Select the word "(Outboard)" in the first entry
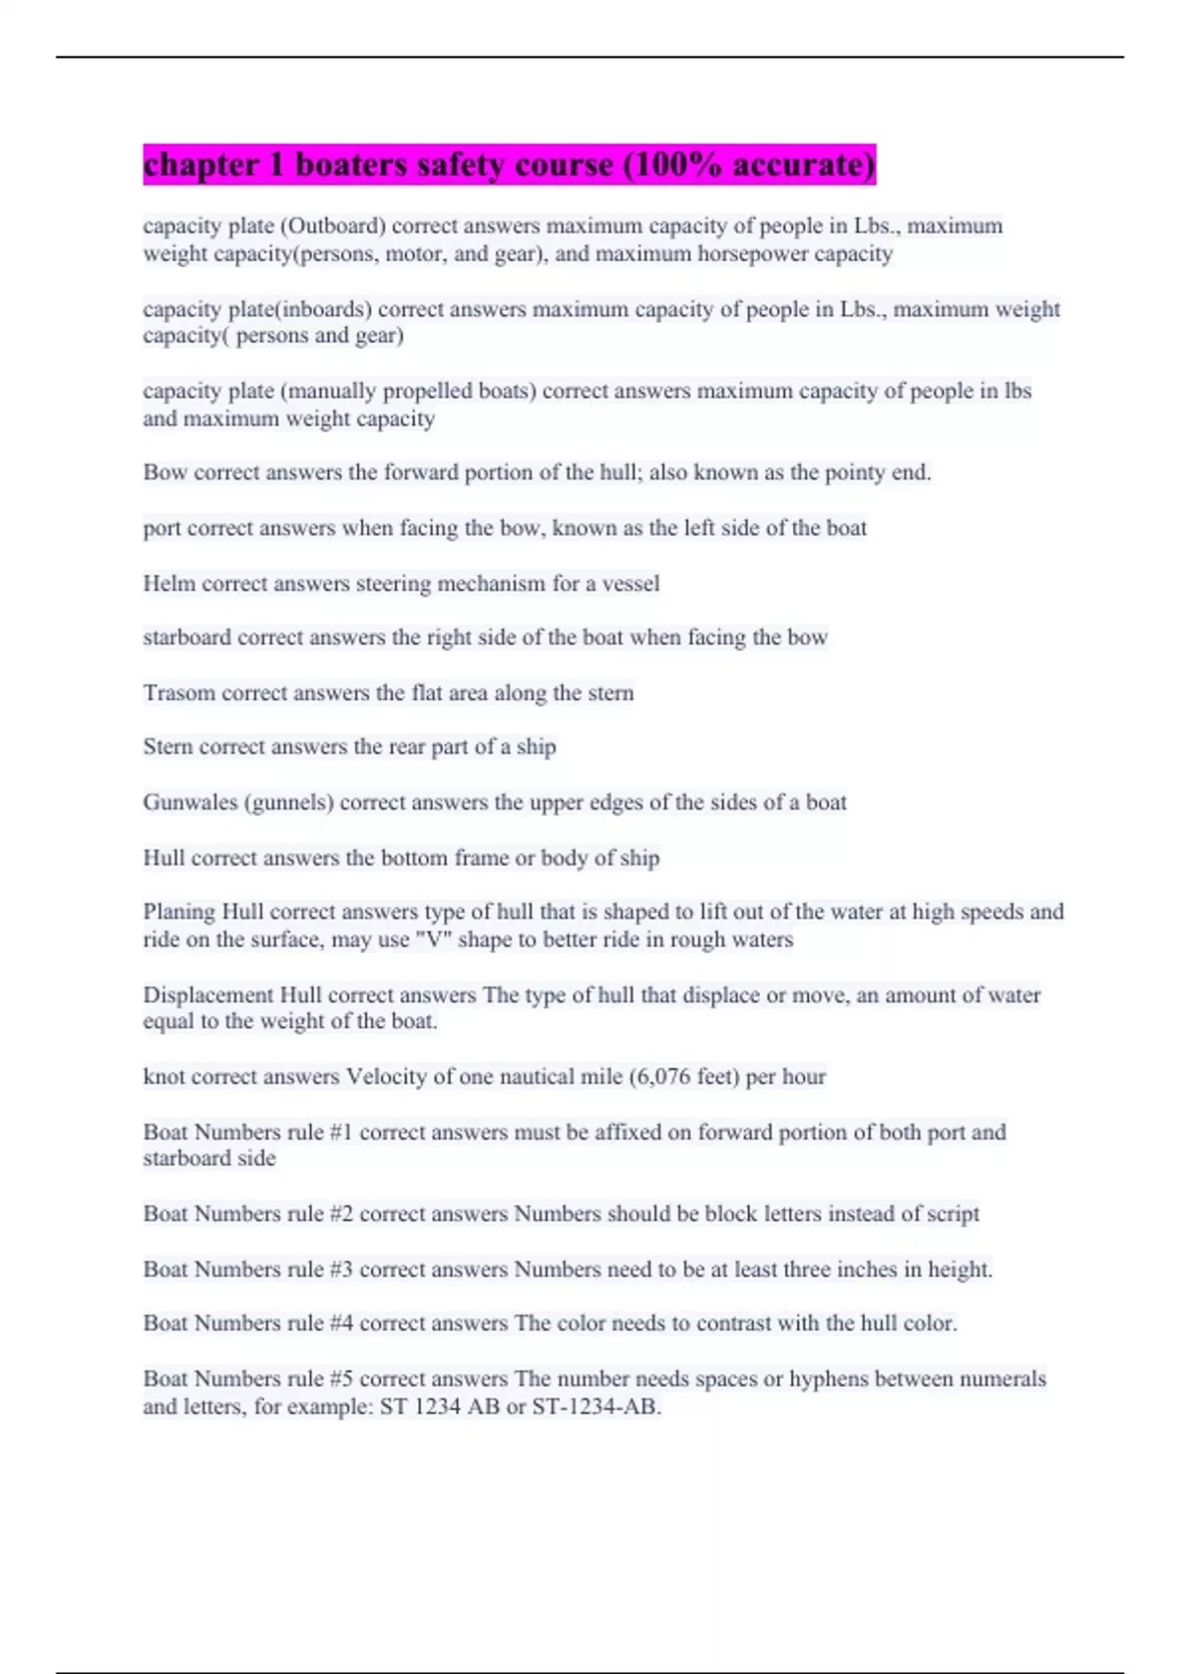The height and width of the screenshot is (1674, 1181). click(333, 225)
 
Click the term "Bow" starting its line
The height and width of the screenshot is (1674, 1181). click(164, 473)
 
